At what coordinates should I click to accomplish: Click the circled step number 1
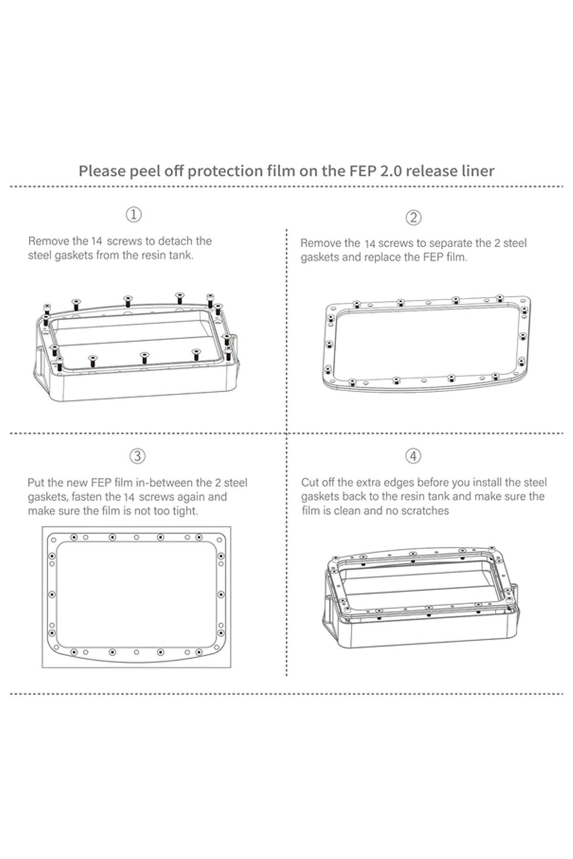(134, 214)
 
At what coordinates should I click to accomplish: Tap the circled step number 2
(414, 218)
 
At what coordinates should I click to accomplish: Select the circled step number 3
(138, 456)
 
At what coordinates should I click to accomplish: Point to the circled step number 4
(414, 456)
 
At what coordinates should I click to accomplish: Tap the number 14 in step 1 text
(97, 241)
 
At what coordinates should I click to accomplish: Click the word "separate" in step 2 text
(459, 243)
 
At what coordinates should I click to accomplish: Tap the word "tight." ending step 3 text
(185, 511)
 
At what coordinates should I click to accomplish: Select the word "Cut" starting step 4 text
(310, 482)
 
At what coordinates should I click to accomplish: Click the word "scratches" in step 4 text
(425, 511)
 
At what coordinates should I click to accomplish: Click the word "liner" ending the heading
(479, 171)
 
